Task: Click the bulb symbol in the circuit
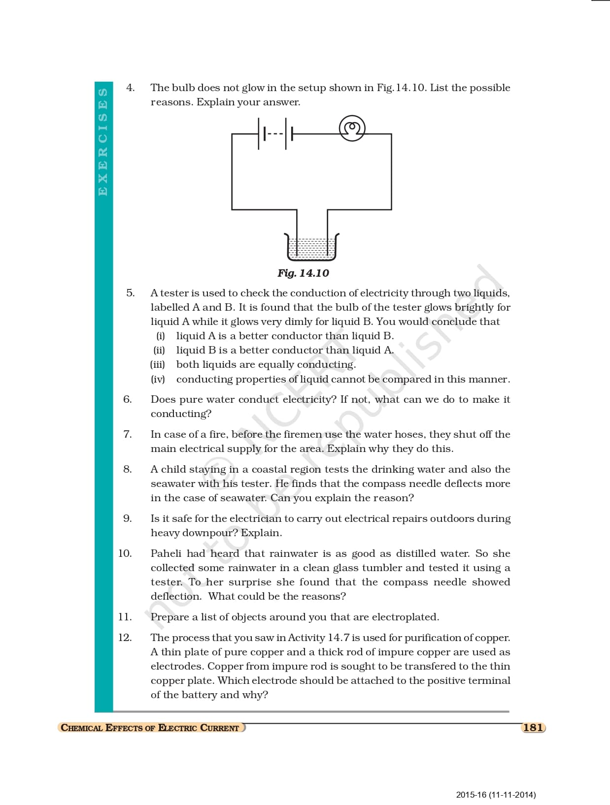point(352,129)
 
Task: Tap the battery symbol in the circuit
point(275,133)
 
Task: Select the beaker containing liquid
point(313,247)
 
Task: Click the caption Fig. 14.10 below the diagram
point(303,273)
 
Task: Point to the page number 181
point(533,727)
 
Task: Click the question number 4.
point(130,88)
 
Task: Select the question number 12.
point(125,638)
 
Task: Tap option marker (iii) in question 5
point(158,365)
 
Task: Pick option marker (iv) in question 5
point(158,379)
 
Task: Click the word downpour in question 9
point(210,533)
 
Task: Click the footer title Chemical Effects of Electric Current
point(150,728)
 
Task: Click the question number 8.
point(127,469)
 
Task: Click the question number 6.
point(127,399)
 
